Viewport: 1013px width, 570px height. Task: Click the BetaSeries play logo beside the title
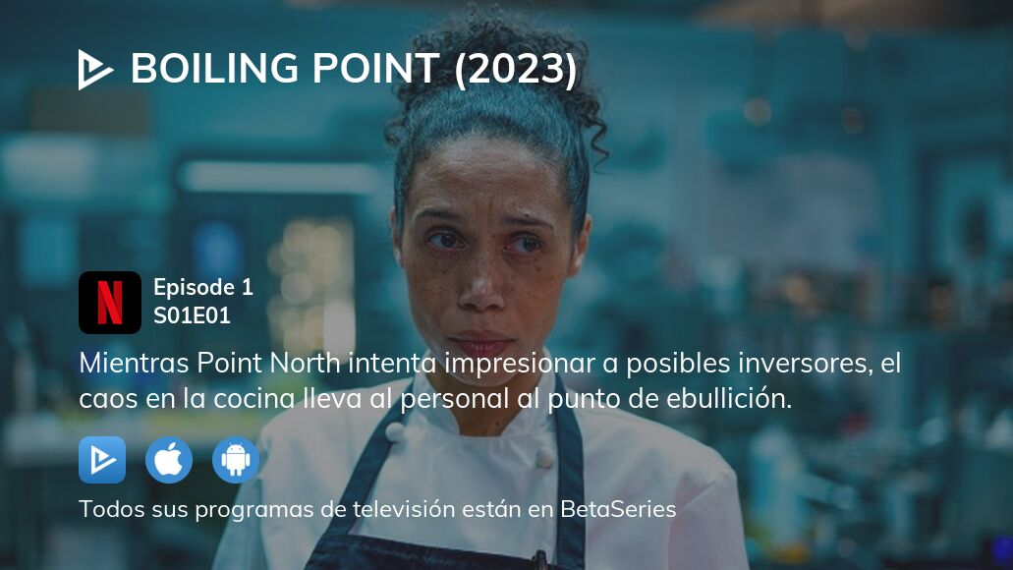point(95,70)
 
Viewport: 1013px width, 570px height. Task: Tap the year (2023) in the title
point(516,70)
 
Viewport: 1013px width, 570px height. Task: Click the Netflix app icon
point(110,303)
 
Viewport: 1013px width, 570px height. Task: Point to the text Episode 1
point(203,288)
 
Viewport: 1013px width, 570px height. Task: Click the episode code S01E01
point(192,315)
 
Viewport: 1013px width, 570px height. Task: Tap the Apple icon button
point(169,460)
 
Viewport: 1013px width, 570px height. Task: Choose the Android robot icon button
point(236,460)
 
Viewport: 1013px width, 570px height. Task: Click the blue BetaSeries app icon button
point(102,460)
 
